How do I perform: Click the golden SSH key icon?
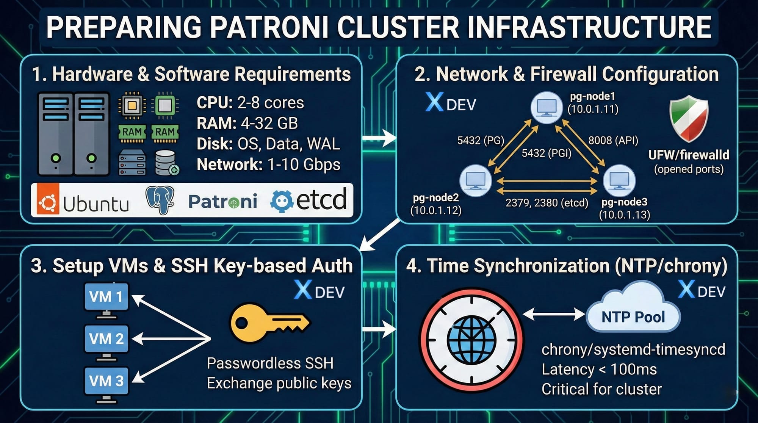coord(269,323)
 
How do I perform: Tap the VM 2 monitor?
coord(106,340)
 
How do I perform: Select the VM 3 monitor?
coord(106,382)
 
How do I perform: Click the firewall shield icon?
coord(689,118)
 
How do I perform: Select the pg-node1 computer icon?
coord(546,107)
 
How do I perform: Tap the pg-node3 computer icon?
coord(619,180)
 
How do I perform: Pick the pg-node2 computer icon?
coord(476,180)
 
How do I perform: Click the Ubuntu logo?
coord(48,201)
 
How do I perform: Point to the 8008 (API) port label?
coord(613,141)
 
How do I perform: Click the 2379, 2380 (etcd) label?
coord(547,203)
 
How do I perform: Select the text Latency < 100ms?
coord(599,369)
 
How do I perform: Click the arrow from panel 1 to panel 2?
coord(379,138)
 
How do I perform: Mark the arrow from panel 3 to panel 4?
coord(379,328)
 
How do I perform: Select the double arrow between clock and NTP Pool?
coord(554,314)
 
